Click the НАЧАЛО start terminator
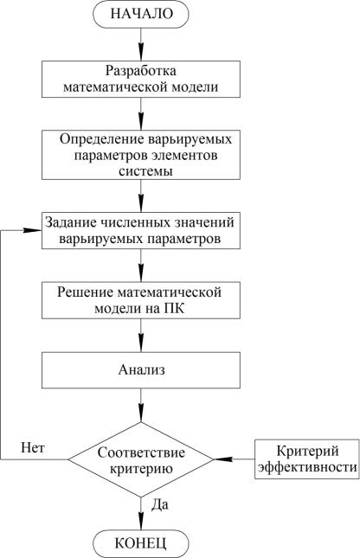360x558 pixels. (141, 14)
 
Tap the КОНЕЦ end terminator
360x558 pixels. (141, 543)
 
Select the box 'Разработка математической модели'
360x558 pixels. (141, 79)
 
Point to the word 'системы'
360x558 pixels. (145, 171)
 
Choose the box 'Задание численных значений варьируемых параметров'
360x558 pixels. (141, 231)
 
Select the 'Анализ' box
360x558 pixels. (141, 370)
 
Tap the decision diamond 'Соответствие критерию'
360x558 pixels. (141, 459)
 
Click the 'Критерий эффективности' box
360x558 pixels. (307, 459)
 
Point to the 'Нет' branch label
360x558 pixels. (33, 447)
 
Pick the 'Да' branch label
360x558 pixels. (160, 504)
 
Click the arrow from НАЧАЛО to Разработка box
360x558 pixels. (141, 44)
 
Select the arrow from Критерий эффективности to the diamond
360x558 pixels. (235, 459)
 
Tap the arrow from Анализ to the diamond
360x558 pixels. (141, 405)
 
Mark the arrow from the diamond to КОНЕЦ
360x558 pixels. (141, 514)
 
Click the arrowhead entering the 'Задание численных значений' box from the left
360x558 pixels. (33, 230)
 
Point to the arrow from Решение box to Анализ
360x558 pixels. (141, 336)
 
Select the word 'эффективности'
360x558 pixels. (307, 467)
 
